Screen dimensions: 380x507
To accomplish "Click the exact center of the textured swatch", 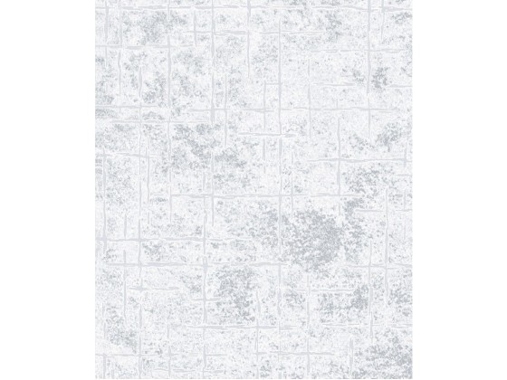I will [253, 190].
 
